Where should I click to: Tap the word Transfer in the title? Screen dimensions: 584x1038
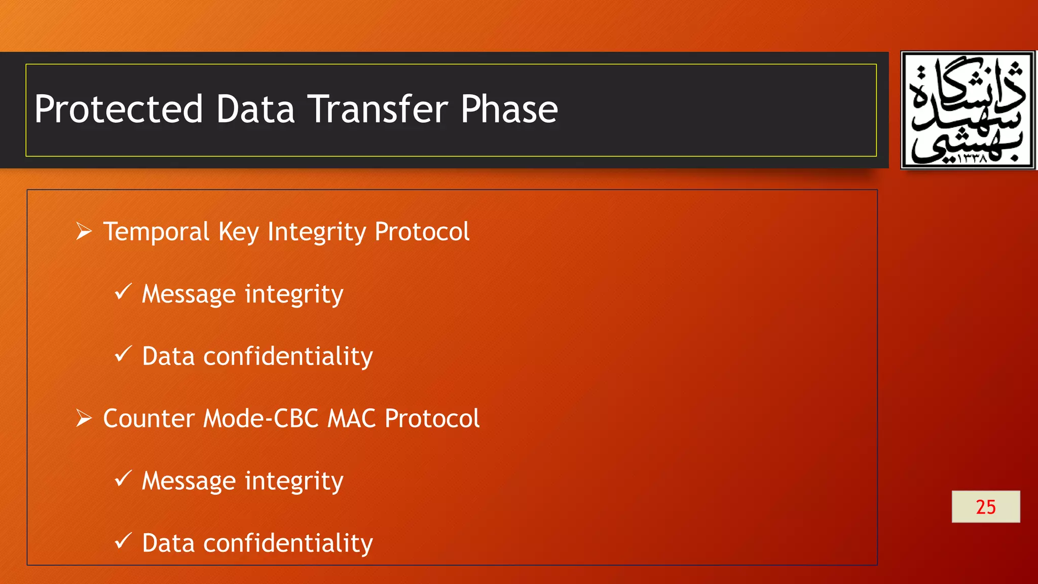click(x=378, y=109)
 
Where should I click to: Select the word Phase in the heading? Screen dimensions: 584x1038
click(x=509, y=109)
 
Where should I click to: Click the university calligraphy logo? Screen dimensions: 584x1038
click(x=968, y=110)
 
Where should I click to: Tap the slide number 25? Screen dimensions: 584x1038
click(x=985, y=506)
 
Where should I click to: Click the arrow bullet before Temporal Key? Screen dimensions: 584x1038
click(x=84, y=232)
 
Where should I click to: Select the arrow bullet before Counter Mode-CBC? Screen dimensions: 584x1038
click(x=84, y=419)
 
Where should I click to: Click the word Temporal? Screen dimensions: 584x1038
click(x=156, y=232)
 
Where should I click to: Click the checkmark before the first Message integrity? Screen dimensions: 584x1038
click(x=123, y=292)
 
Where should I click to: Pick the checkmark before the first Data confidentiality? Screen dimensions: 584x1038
click(x=123, y=354)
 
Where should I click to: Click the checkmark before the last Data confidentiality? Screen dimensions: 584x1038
click(x=123, y=541)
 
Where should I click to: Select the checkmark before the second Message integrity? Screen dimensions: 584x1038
click(x=123, y=479)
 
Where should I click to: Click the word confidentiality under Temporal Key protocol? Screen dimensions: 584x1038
click(x=288, y=356)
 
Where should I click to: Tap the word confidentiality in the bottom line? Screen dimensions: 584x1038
click(x=288, y=543)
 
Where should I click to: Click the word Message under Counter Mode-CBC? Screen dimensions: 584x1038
click(x=189, y=481)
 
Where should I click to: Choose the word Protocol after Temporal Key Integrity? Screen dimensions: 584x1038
click(x=422, y=232)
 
